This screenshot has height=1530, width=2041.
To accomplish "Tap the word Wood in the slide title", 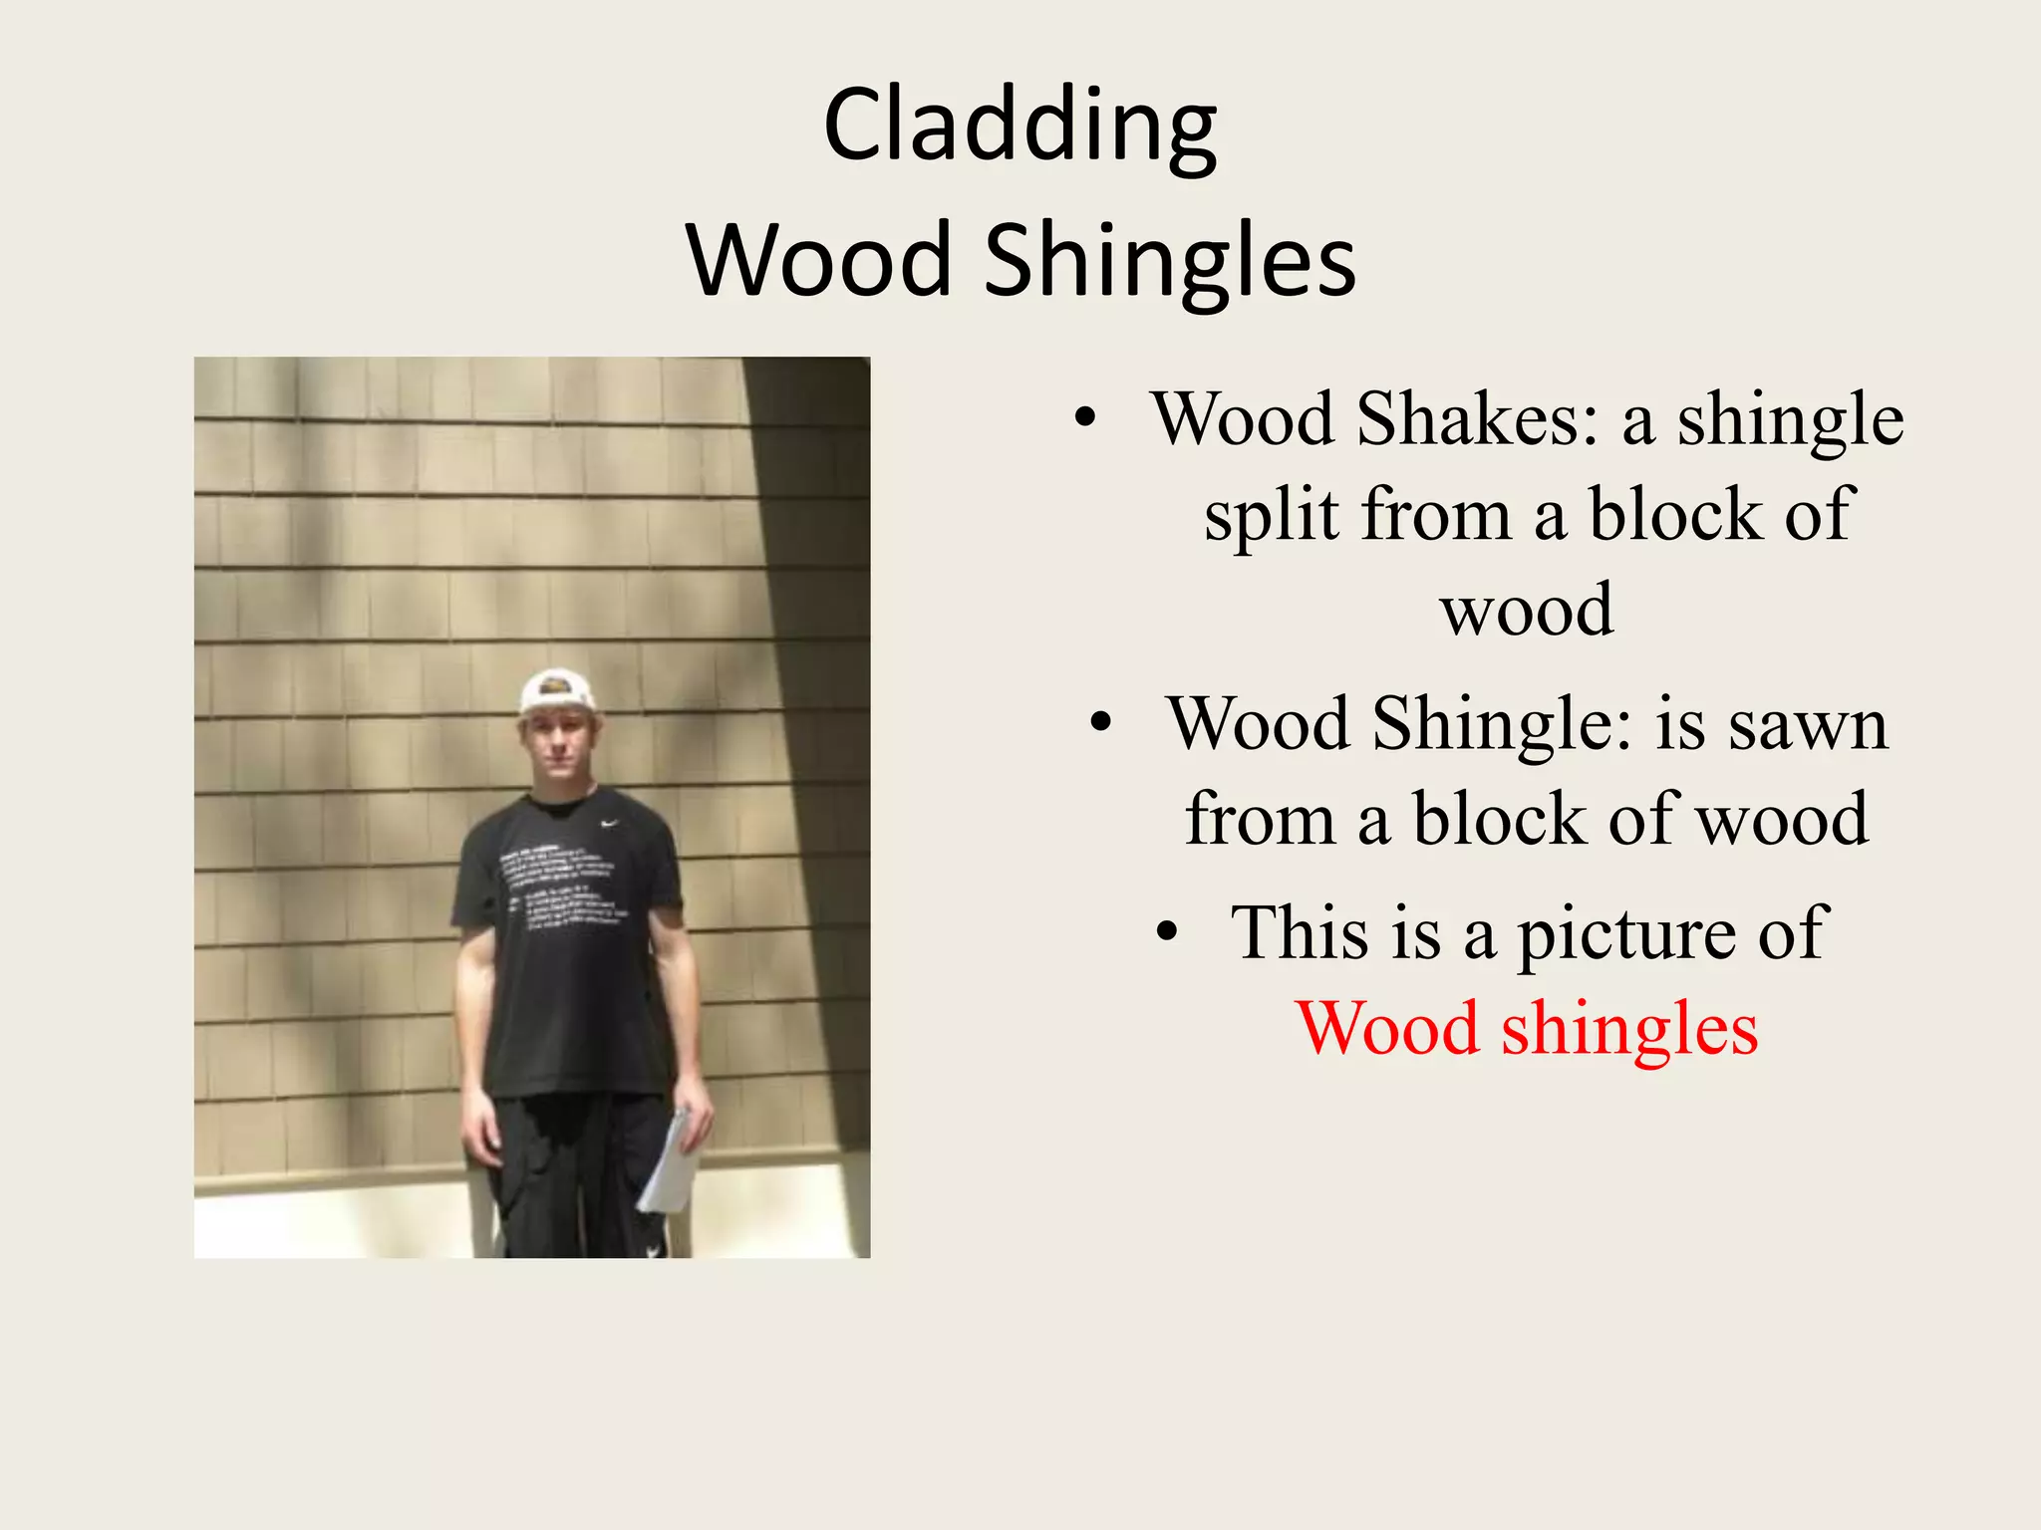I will pyautogui.click(x=819, y=261).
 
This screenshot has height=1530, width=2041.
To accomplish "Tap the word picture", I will pyautogui.click(x=1625, y=933).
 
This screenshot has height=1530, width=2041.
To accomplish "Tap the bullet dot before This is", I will pyautogui.click(x=1167, y=933).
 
